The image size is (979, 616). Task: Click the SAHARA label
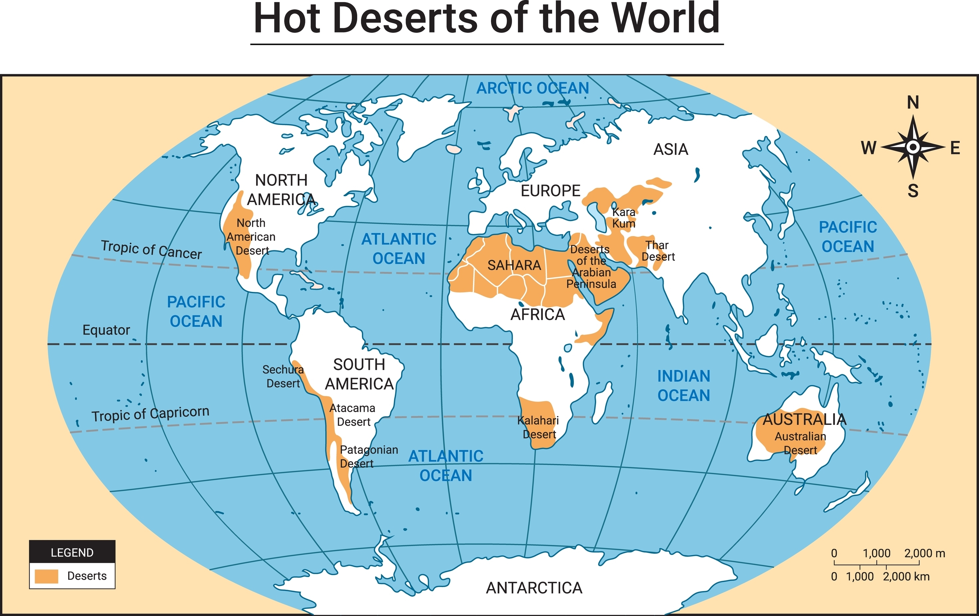click(x=514, y=265)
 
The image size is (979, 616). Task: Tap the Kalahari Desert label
click(x=539, y=427)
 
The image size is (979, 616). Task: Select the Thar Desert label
click(x=658, y=251)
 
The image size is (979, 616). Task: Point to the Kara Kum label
click(x=624, y=218)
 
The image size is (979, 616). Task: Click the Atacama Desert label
click(x=353, y=415)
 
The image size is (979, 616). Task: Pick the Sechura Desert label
click(x=283, y=376)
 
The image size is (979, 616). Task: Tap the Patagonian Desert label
click(x=368, y=456)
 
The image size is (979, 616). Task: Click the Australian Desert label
click(x=800, y=443)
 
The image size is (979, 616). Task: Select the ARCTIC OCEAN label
click(x=532, y=88)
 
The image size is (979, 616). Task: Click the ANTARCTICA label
click(x=534, y=588)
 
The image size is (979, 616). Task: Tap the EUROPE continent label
click(x=551, y=190)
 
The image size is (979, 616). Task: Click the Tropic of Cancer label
click(x=151, y=249)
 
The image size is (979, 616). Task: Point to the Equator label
click(x=106, y=330)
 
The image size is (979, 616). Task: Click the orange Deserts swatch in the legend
click(x=46, y=576)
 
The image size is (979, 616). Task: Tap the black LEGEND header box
click(x=72, y=552)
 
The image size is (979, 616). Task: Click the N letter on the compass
click(x=913, y=103)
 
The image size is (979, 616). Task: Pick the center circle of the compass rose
click(x=913, y=147)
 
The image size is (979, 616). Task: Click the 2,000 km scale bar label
click(x=906, y=576)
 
